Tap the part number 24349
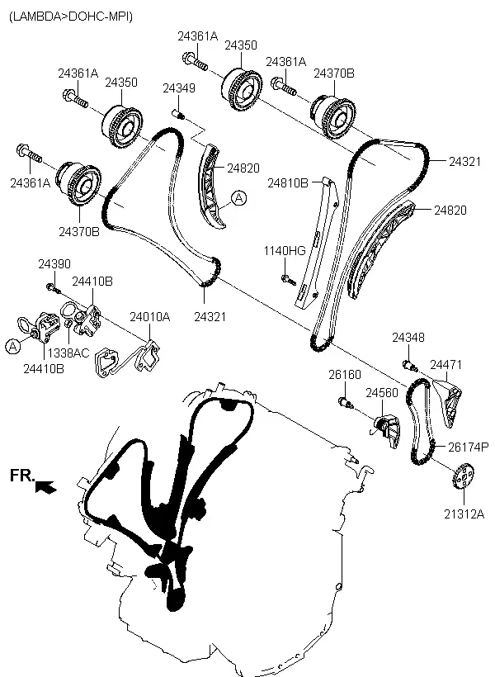(x=178, y=88)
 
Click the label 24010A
(x=149, y=316)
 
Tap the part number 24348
(x=408, y=338)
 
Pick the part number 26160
(x=345, y=375)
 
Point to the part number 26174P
(x=468, y=447)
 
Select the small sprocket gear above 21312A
(x=464, y=479)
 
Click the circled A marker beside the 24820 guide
(x=238, y=197)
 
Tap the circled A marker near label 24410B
(x=12, y=348)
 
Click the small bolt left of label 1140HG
(x=286, y=278)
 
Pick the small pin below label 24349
(x=177, y=113)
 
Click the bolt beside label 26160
(x=346, y=404)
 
